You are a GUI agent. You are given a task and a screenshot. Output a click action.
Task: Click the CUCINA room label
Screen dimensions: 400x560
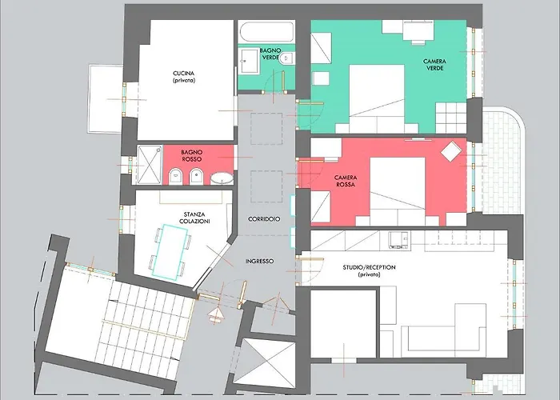click(183, 76)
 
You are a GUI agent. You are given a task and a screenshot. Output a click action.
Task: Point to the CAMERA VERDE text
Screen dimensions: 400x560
click(434, 64)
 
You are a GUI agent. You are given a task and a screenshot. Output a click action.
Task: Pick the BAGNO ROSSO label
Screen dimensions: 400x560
click(192, 154)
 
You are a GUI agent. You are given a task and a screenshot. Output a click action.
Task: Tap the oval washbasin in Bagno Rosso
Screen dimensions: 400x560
click(223, 178)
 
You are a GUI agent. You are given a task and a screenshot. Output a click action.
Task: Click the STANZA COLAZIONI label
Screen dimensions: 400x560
click(195, 218)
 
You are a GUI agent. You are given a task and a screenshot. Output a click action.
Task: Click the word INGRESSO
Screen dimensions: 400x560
click(260, 261)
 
